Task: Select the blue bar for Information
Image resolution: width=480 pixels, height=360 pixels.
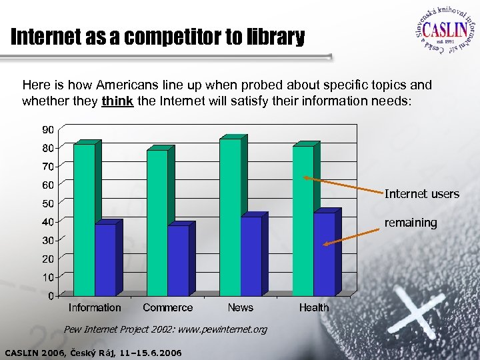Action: point(105,260)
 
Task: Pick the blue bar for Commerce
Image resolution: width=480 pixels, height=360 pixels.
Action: point(178,261)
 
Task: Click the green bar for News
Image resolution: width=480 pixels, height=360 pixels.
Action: point(230,217)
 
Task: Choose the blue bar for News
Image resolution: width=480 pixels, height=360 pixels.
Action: point(251,256)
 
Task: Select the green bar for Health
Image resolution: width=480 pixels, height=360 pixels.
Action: point(303,220)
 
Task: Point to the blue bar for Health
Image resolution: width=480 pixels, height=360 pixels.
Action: point(324,254)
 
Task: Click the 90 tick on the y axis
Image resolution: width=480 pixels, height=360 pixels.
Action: point(50,128)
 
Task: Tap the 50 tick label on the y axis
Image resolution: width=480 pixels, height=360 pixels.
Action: point(50,202)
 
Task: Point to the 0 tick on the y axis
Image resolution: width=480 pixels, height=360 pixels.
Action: point(52,295)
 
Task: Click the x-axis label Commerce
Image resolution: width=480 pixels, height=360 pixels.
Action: point(167,307)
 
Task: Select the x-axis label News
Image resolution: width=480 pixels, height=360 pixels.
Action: point(240,307)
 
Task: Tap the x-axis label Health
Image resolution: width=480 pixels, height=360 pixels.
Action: point(313,307)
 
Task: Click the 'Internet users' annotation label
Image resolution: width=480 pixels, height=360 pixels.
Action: point(421,194)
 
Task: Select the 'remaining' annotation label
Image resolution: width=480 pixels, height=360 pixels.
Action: point(411,223)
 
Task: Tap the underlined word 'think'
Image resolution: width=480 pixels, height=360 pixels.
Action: point(117,101)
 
